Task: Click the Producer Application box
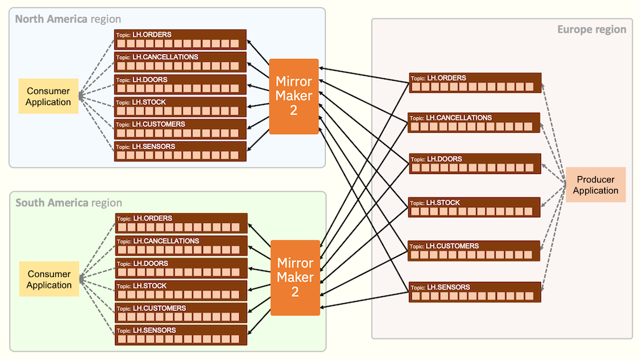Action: coord(596,185)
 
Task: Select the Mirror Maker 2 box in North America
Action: coord(293,97)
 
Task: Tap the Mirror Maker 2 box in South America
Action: coord(295,278)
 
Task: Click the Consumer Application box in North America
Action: coord(48,97)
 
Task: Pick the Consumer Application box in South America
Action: coord(49,280)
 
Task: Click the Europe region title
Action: coord(591,29)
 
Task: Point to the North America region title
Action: coord(68,18)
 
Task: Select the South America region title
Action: coord(68,202)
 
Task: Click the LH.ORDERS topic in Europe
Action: coord(475,83)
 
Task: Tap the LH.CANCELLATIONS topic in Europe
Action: coord(475,123)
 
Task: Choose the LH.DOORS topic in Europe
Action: coord(475,164)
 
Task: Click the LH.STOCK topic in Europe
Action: coord(475,207)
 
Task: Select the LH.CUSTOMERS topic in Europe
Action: coord(475,251)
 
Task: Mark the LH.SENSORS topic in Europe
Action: coord(475,292)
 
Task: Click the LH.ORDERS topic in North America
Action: coord(180,39)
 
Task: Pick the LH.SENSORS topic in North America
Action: coord(180,151)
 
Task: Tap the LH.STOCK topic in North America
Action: coord(180,107)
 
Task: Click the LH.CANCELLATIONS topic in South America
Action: coord(180,246)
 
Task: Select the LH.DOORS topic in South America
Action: coord(180,268)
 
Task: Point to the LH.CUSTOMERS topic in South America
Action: coord(180,312)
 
